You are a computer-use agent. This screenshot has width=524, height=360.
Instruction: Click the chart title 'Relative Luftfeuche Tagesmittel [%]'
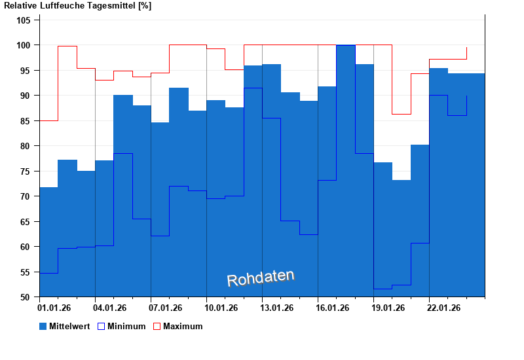(x=77, y=6)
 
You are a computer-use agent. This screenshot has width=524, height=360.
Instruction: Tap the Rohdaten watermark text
(x=261, y=278)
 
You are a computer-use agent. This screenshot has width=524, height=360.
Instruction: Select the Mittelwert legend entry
(x=65, y=326)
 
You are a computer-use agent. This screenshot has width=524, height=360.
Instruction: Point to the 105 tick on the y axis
(x=24, y=20)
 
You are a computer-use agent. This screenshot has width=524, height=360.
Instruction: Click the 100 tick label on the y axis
(x=24, y=45)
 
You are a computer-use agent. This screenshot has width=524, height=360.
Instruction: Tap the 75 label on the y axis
(x=26, y=171)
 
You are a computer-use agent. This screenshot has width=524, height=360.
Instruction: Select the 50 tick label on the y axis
(x=26, y=297)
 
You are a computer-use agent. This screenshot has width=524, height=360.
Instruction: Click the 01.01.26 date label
(x=55, y=307)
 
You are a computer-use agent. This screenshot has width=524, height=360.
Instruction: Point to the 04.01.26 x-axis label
(x=111, y=307)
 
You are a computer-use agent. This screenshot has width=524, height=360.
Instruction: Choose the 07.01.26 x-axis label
(x=166, y=307)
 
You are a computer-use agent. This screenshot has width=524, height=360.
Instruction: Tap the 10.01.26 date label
(x=222, y=307)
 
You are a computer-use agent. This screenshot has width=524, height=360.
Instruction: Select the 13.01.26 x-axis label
(x=278, y=307)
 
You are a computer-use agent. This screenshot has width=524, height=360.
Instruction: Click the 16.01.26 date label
(x=333, y=307)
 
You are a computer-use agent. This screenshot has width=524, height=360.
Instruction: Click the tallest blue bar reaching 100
(x=346, y=170)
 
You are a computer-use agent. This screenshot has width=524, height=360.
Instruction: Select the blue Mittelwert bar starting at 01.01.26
(x=48, y=242)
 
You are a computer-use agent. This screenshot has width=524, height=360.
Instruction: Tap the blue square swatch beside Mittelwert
(x=43, y=326)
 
